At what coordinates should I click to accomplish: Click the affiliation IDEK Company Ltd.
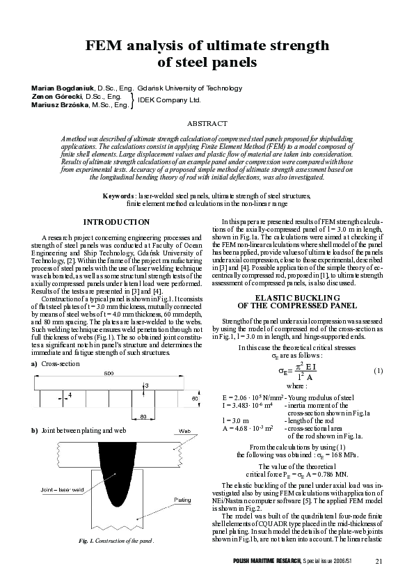(x=169, y=101)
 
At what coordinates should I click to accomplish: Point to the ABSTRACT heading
(x=207, y=122)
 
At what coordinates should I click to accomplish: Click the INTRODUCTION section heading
(x=116, y=222)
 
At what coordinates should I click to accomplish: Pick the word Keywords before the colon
(x=118, y=197)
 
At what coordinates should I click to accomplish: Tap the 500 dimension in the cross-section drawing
(x=109, y=374)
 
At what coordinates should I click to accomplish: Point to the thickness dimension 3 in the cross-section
(x=146, y=384)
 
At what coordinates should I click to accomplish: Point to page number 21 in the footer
(x=379, y=562)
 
